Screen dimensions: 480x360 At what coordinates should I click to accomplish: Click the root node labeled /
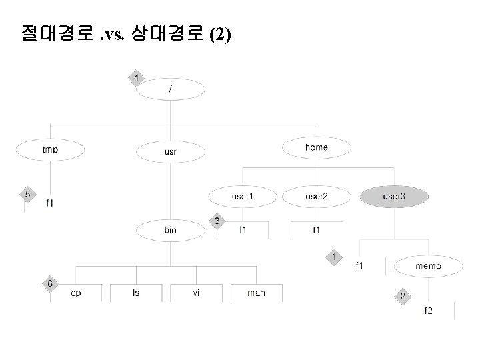[170, 90]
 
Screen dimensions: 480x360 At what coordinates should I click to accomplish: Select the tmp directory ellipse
[50, 149]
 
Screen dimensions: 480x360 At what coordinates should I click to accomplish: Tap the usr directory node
[170, 152]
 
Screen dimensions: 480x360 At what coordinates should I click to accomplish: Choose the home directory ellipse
[316, 147]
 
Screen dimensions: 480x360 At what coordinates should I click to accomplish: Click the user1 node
[242, 197]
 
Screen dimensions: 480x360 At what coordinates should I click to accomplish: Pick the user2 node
[316, 197]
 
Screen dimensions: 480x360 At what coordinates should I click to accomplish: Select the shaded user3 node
[393, 197]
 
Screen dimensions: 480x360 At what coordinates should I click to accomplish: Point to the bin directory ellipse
[170, 230]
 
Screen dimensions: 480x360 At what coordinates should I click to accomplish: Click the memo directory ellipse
[427, 266]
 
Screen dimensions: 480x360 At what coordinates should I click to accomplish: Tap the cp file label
[76, 293]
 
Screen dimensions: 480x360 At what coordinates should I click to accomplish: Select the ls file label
[136, 293]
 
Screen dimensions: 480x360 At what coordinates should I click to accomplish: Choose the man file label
[255, 293]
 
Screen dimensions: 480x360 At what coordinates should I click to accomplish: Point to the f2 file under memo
[428, 311]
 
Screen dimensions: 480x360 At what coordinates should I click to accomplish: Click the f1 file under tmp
[51, 203]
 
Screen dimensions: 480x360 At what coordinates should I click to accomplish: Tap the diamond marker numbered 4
[136, 78]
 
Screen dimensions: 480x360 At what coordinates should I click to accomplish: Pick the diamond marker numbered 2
[402, 295]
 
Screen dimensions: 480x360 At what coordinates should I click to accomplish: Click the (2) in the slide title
[221, 35]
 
